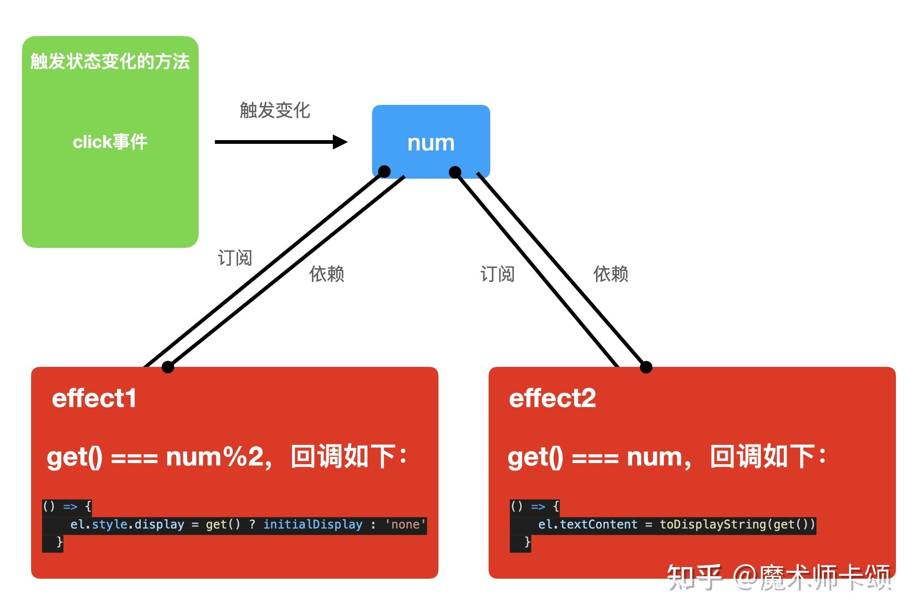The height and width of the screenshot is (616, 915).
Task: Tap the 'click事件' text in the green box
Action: [x=110, y=142]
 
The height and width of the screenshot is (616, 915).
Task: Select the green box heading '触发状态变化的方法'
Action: [x=110, y=62]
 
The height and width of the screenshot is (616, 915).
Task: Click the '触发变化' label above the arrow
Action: [x=275, y=110]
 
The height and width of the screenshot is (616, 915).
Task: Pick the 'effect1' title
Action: [x=94, y=398]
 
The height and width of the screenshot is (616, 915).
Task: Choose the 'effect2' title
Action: [x=552, y=398]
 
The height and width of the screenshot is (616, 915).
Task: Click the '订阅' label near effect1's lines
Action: [x=235, y=258]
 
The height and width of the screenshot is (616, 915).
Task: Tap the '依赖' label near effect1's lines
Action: [x=326, y=274]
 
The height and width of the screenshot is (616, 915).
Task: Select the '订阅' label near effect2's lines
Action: [x=497, y=274]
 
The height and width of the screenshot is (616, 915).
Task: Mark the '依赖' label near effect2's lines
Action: [x=611, y=274]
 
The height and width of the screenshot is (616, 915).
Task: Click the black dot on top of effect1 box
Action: [x=168, y=367]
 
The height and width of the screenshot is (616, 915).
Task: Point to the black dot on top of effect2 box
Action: [x=646, y=367]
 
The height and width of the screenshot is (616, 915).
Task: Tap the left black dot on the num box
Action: [x=384, y=171]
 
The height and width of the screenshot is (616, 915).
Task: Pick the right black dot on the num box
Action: [x=455, y=172]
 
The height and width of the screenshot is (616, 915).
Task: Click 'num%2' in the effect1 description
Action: [x=219, y=457]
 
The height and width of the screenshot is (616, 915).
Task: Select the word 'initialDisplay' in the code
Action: [x=313, y=524]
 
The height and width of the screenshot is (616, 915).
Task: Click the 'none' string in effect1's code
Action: [x=405, y=524]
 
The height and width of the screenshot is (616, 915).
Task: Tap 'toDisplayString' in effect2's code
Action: [x=713, y=524]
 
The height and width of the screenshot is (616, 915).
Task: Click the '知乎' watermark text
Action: [x=694, y=577]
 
